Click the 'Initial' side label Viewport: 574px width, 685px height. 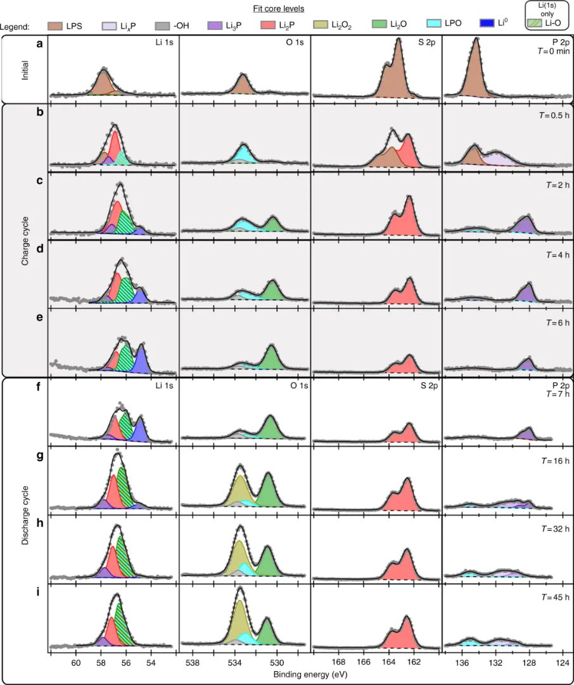25,68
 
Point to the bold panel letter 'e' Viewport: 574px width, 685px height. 40,318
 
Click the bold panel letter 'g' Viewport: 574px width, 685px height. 40,456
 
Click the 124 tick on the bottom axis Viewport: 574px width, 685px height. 561,663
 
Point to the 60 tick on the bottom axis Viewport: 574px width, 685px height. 76,663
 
